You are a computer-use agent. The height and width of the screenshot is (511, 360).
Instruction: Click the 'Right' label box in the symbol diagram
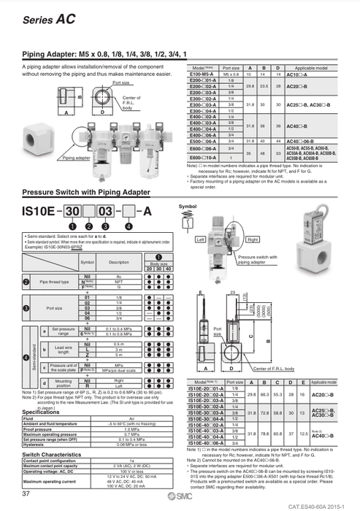253,239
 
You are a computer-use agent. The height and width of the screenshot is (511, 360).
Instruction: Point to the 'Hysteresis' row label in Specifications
37,445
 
